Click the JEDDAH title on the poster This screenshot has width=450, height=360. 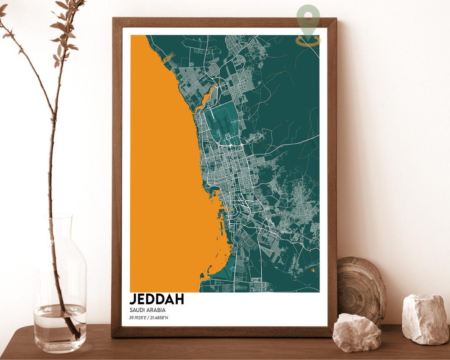(156, 299)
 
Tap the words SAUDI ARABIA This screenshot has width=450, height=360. (147, 310)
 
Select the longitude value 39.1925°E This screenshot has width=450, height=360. (138, 318)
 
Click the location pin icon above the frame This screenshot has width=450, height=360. (308, 19)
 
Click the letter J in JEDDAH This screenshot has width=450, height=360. (133, 299)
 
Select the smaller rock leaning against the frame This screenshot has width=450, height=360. (357, 332)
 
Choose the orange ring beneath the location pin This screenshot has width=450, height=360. (308, 40)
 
